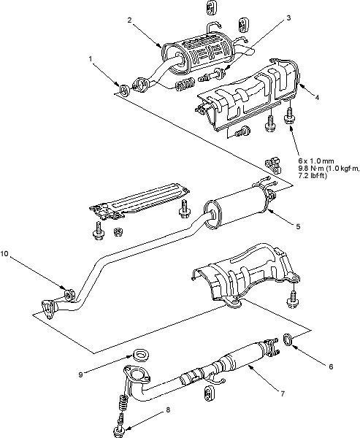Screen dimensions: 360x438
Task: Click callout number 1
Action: [x=91, y=59]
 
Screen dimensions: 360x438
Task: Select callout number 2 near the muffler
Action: [x=129, y=20]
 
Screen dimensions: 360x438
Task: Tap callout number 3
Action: [x=288, y=18]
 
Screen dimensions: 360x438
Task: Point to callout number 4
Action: [x=317, y=98]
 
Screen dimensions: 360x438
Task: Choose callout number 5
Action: [x=298, y=226]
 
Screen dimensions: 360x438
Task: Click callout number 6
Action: [x=331, y=366]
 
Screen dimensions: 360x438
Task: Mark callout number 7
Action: [x=283, y=393]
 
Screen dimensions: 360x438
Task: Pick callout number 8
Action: [x=168, y=410]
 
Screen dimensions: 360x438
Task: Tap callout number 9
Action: [x=80, y=374]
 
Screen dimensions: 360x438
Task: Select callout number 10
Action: [x=5, y=253]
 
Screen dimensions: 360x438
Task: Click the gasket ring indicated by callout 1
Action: [x=124, y=89]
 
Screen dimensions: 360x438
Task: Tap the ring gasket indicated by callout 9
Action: [x=140, y=355]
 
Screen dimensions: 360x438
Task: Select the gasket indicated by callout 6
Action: [x=288, y=339]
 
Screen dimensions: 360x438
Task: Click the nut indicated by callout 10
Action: [x=69, y=295]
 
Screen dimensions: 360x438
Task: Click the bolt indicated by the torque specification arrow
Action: [x=289, y=115]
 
